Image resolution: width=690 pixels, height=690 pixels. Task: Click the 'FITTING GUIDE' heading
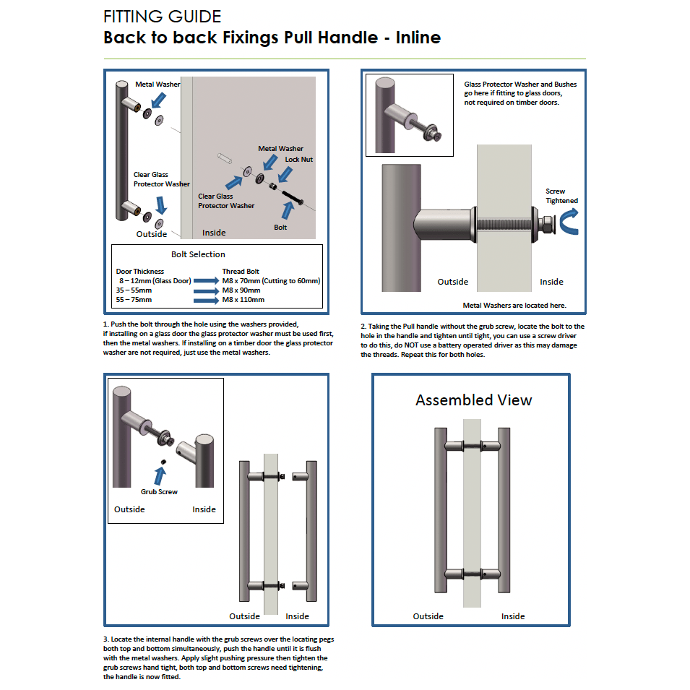[x=163, y=16]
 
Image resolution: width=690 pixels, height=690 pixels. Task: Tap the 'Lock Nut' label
[x=298, y=159]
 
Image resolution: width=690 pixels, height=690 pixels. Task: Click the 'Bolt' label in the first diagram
[x=280, y=227]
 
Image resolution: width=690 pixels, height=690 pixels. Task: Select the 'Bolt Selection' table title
[x=198, y=254]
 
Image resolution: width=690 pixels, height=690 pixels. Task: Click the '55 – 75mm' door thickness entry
[x=134, y=299]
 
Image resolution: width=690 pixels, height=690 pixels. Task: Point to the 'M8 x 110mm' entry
[x=244, y=299]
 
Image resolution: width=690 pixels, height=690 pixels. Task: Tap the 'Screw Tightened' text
[x=561, y=196]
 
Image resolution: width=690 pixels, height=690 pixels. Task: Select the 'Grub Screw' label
[x=159, y=492]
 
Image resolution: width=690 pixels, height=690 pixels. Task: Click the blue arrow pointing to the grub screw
[x=160, y=475]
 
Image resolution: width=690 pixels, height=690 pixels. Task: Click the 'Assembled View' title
[x=473, y=400]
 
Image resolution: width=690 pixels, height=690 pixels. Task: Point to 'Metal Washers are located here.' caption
[x=514, y=306]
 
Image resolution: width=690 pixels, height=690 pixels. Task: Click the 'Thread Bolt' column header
[x=242, y=272]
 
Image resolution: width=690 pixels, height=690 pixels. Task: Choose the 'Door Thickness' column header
[x=140, y=272]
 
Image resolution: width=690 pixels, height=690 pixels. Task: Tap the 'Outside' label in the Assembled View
[x=428, y=616]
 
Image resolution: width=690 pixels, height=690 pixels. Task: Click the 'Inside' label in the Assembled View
[x=513, y=616]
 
